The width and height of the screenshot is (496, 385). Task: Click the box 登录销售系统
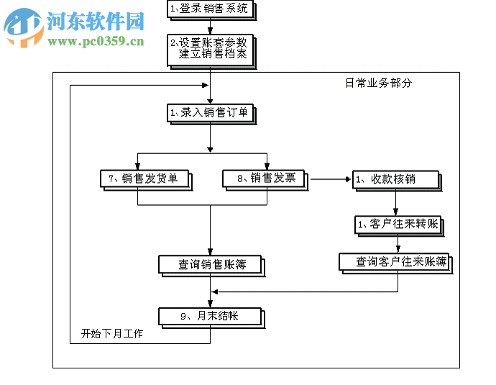(x=210, y=9)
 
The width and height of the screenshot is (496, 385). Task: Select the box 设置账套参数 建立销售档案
(x=210, y=50)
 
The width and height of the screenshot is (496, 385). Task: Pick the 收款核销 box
(x=393, y=179)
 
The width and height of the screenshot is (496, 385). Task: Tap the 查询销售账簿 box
(x=210, y=264)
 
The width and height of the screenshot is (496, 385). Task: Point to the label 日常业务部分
(x=379, y=83)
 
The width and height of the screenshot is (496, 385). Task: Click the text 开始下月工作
(x=111, y=334)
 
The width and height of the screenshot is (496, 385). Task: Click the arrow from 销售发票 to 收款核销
(x=329, y=178)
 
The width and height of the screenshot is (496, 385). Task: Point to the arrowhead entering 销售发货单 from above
(x=138, y=166)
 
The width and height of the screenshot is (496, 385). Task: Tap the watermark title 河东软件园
(x=96, y=21)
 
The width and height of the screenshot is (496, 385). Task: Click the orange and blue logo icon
(x=23, y=27)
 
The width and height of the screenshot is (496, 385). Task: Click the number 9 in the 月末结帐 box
(x=183, y=316)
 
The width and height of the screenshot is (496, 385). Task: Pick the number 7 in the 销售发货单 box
(x=111, y=178)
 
